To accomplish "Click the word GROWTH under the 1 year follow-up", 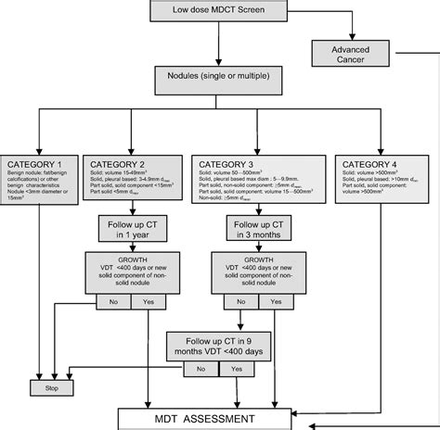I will (127, 260).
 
